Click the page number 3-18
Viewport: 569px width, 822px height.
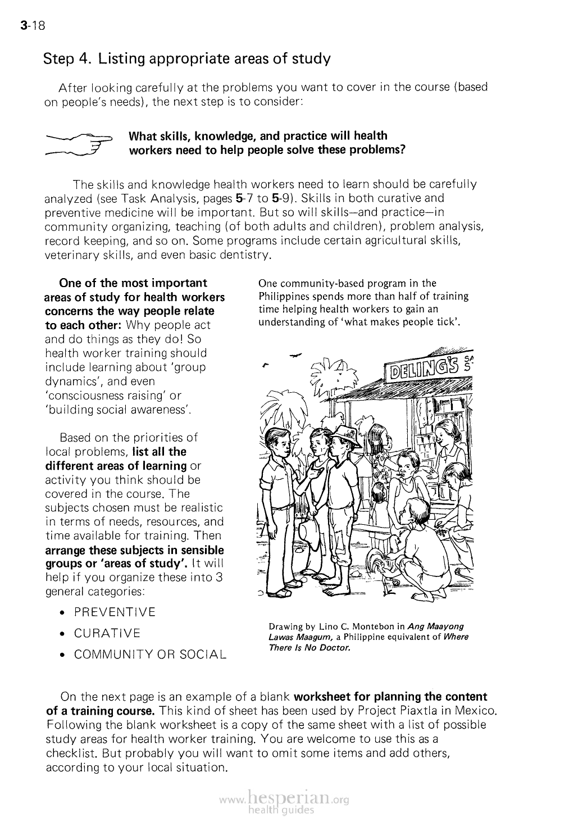32,25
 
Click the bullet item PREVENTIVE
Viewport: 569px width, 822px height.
115,612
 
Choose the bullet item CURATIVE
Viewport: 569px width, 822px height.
107,634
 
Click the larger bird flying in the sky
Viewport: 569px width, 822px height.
295,355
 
